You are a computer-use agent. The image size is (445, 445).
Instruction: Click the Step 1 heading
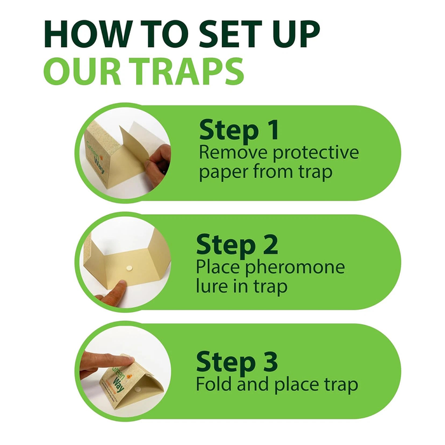tap(239, 130)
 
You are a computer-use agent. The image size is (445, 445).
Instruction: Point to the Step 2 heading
tap(236, 245)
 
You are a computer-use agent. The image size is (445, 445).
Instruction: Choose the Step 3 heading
tap(236, 361)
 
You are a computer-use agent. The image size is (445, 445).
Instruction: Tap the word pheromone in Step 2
tap(295, 268)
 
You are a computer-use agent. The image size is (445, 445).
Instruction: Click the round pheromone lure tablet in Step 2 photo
tap(129, 268)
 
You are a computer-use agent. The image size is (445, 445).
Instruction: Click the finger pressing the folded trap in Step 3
tap(108, 362)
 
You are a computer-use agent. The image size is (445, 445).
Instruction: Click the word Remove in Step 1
tap(233, 152)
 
